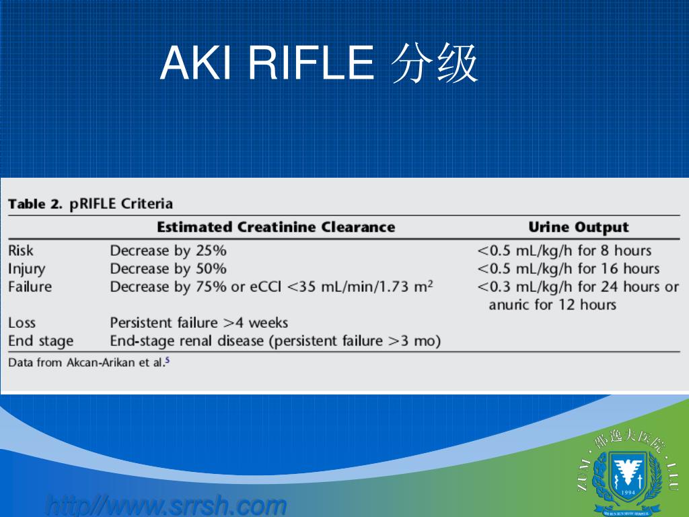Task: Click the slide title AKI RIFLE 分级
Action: (320, 65)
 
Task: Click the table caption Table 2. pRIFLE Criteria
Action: (90, 203)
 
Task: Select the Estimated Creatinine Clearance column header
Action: (276, 227)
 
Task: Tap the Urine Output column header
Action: (578, 228)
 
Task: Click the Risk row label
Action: (21, 250)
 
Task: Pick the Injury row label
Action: (27, 269)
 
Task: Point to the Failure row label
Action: (30, 287)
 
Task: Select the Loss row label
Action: (22, 323)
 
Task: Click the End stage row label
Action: (40, 341)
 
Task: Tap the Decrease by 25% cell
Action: (168, 250)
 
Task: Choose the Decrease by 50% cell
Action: (168, 269)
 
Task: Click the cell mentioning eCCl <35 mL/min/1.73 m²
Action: (271, 287)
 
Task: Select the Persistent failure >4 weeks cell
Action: (198, 323)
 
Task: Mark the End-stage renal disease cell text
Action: (275, 341)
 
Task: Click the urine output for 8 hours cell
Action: (564, 250)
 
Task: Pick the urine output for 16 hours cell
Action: (568, 269)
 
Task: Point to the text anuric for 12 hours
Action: (552, 305)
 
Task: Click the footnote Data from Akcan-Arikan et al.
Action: (88, 362)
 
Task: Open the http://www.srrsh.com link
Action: (166, 505)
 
